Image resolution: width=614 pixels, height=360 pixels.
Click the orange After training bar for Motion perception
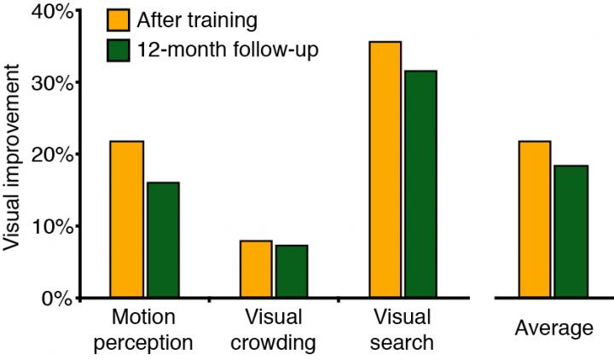[x=126, y=219]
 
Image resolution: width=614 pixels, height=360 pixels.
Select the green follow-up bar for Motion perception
[x=162, y=240]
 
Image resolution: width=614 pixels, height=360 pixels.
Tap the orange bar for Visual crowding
[x=256, y=269]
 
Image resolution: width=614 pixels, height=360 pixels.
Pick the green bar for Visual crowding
[x=291, y=271]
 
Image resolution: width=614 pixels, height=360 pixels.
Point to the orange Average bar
[x=534, y=219]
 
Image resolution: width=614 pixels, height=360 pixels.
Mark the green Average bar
[x=571, y=231]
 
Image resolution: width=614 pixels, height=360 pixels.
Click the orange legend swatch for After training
[x=119, y=19]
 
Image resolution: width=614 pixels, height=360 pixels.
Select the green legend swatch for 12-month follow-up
[x=119, y=50]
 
